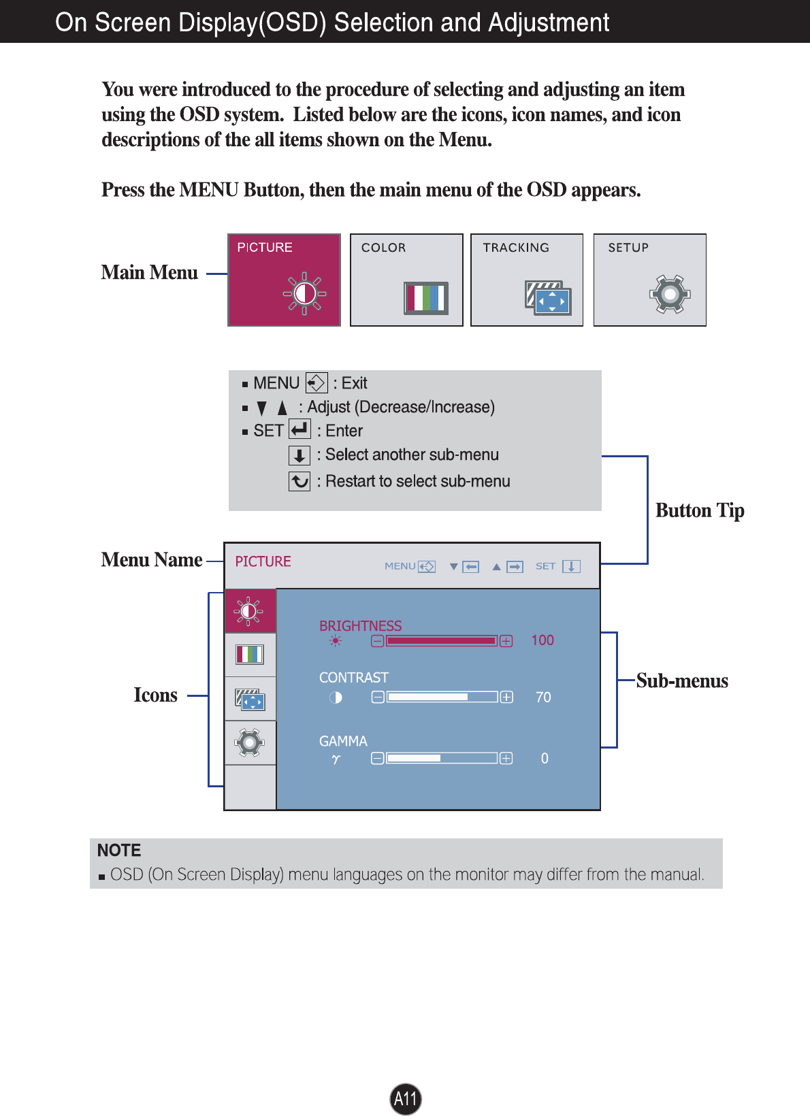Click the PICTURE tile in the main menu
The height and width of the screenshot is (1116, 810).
click(284, 280)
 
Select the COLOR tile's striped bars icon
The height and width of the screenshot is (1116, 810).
click(426, 297)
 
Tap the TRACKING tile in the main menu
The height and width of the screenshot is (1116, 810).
click(526, 280)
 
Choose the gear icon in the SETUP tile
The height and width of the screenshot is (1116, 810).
click(670, 294)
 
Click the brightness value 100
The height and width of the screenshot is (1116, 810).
click(542, 640)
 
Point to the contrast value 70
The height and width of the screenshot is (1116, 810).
click(543, 697)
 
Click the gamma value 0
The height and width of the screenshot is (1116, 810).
click(545, 759)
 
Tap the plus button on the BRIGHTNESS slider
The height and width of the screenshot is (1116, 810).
click(506, 641)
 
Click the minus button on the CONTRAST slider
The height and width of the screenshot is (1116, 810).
click(378, 697)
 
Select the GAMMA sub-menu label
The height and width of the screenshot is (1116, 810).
click(343, 741)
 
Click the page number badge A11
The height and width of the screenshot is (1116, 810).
click(406, 1098)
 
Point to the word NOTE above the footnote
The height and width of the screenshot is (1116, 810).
click(119, 851)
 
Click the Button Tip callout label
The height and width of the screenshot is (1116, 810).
click(700, 510)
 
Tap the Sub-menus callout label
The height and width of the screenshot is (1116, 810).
click(682, 681)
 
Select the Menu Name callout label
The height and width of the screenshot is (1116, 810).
click(152, 560)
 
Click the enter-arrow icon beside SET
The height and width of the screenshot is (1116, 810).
click(299, 429)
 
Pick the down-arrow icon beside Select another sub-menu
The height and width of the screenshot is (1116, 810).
click(299, 455)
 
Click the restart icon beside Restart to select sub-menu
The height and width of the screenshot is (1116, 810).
click(299, 481)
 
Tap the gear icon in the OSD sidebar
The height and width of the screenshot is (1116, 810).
click(250, 742)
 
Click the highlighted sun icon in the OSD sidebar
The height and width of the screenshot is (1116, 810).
click(249, 611)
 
